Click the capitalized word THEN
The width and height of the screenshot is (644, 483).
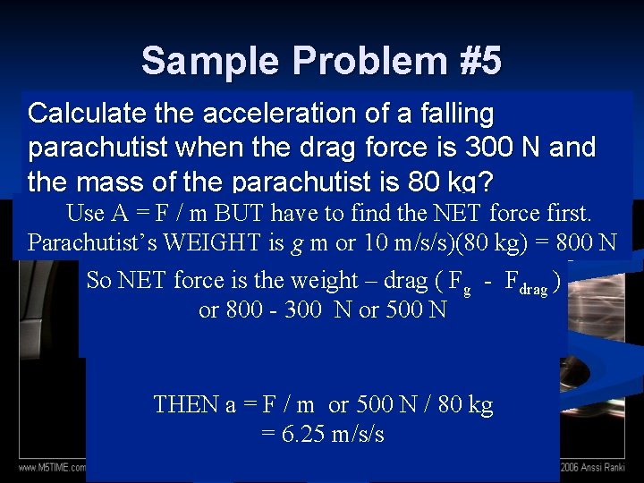[184, 404]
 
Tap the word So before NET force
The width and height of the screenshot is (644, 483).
[99, 280]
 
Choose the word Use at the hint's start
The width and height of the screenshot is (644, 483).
[86, 213]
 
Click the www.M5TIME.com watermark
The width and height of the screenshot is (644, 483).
[52, 467]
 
